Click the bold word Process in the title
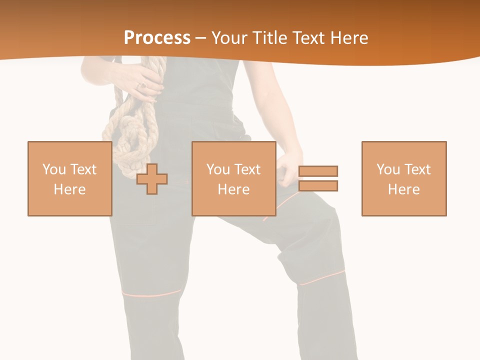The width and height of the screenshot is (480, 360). click(157, 38)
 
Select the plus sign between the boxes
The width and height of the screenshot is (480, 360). click(152, 178)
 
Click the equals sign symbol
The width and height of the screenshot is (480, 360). click(318, 178)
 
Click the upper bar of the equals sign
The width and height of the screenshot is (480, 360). click(318, 171)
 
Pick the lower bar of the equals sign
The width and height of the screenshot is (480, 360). click(318, 186)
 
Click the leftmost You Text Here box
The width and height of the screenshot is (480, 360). click(69, 178)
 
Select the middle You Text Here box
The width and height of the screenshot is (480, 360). click(233, 178)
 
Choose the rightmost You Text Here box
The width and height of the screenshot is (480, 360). click(403, 178)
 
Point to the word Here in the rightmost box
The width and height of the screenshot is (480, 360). click(403, 189)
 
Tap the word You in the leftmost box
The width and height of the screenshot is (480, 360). click(54, 169)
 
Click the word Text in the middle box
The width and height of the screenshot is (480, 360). click(247, 169)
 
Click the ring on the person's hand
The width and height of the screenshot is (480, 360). click(141, 86)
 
